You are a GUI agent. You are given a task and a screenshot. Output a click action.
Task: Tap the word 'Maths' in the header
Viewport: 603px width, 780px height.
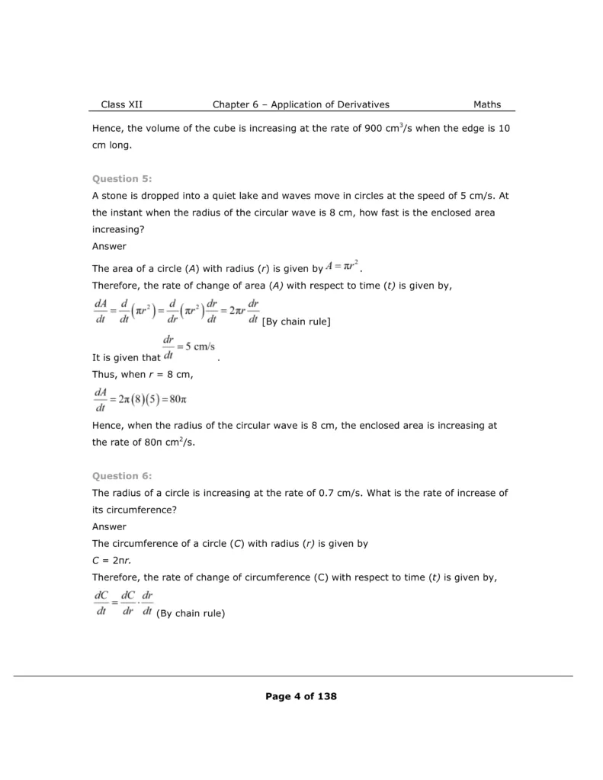click(487, 104)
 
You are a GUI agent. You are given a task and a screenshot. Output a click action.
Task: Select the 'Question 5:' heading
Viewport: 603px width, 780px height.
click(122, 178)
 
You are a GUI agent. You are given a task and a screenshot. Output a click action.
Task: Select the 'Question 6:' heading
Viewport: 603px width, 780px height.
click(122, 475)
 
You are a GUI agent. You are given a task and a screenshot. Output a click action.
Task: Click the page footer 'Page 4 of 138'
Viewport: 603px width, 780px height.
click(301, 695)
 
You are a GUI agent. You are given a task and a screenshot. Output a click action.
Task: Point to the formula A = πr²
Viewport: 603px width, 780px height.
click(342, 267)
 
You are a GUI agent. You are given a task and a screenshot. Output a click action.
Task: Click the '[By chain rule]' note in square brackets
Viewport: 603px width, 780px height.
click(296, 322)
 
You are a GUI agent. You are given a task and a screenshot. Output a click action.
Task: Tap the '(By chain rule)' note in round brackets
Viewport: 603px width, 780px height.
click(191, 614)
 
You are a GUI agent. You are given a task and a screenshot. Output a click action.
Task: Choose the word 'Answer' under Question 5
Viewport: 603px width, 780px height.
click(109, 246)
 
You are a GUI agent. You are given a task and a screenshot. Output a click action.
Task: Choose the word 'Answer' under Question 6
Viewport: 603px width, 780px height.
click(109, 526)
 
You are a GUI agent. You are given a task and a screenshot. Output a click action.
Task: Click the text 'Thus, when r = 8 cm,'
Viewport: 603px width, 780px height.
click(143, 374)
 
